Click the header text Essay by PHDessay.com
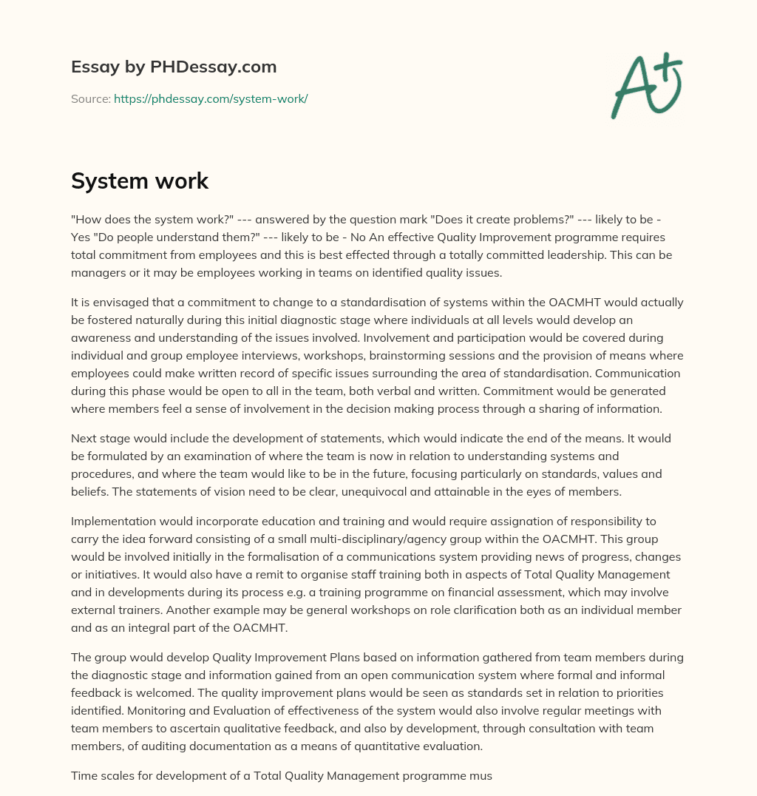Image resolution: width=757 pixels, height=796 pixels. [174, 67]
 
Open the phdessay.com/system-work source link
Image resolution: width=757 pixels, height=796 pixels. [210, 98]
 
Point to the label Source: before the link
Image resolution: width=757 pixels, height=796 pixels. [90, 98]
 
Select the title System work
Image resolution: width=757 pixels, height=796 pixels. [140, 181]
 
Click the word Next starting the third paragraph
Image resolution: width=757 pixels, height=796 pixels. [84, 438]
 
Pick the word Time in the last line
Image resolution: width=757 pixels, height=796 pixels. [84, 775]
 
